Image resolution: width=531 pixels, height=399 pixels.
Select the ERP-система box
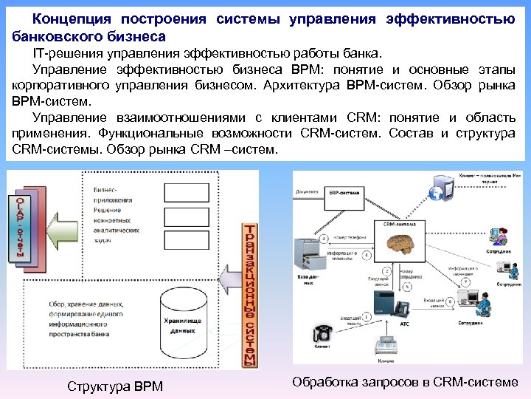coord(344,193)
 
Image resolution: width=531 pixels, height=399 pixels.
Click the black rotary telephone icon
coord(322,332)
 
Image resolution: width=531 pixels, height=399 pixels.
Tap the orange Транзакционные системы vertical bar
coord(251,295)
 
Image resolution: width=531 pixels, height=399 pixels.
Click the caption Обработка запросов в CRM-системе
coord(405,382)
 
